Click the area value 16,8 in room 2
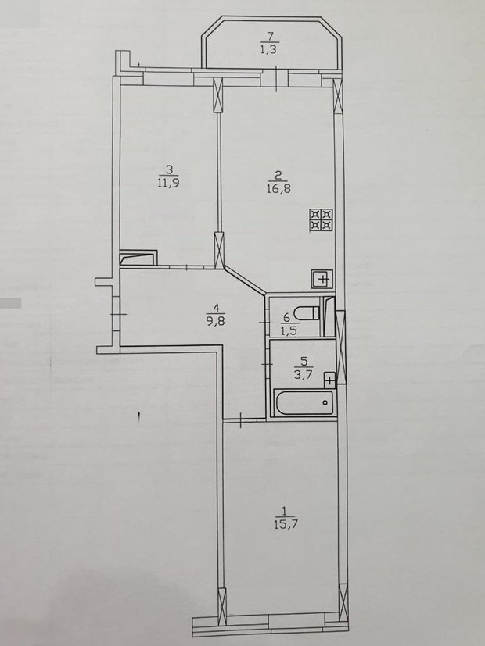tap(278, 189)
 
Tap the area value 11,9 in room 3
tap(168, 183)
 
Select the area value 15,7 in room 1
tap(283, 524)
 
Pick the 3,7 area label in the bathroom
tap(304, 374)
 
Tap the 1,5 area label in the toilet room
tap(289, 330)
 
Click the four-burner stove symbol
tap(322, 219)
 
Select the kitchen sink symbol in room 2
tap(322, 280)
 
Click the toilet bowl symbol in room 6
tap(309, 312)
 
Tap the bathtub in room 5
tap(304, 402)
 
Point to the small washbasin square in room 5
tap(329, 380)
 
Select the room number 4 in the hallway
tap(216, 308)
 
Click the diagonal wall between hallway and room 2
tap(245, 280)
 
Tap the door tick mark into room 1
tap(240, 420)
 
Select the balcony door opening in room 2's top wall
tap(275, 78)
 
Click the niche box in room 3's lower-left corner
tap(138, 258)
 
